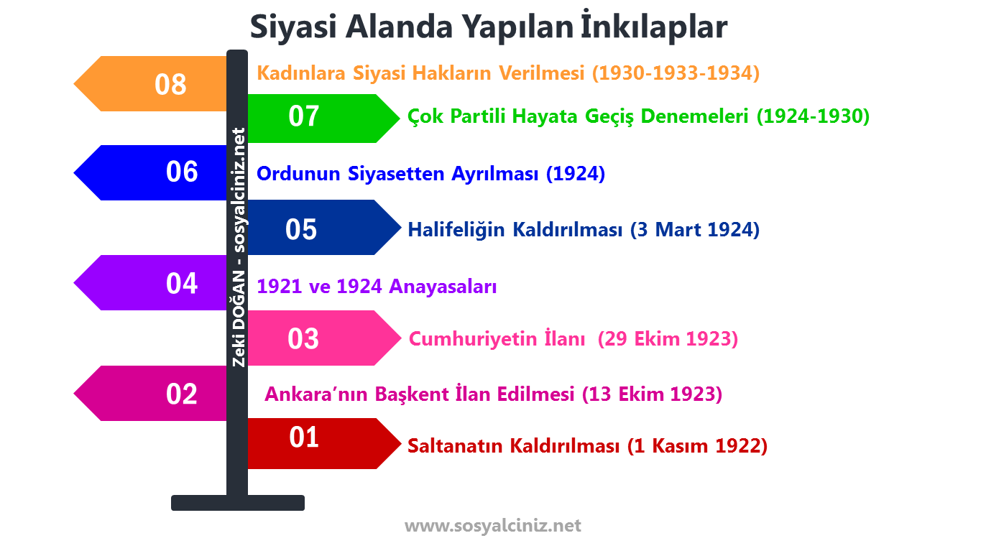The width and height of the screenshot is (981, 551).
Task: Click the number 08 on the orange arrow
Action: tap(170, 85)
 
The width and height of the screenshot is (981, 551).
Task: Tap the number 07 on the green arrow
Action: tap(303, 116)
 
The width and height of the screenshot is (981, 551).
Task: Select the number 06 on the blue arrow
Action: tap(181, 172)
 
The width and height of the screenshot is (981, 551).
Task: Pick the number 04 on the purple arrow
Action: tap(181, 284)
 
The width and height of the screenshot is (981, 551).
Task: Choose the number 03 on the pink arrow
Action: tap(303, 339)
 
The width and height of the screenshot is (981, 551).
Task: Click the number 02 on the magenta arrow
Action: tap(181, 394)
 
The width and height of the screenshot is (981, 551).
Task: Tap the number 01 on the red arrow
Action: tap(303, 437)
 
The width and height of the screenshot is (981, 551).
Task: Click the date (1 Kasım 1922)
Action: tap(697, 446)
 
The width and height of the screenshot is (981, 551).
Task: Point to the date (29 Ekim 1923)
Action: tap(668, 339)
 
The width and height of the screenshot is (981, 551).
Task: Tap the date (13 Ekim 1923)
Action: tap(652, 394)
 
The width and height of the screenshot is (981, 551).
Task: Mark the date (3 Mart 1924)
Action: tap(694, 230)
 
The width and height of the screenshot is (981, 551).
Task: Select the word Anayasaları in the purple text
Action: tap(443, 287)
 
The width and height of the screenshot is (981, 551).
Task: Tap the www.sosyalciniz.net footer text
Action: tap(492, 526)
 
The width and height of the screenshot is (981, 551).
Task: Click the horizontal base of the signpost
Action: tap(237, 503)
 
